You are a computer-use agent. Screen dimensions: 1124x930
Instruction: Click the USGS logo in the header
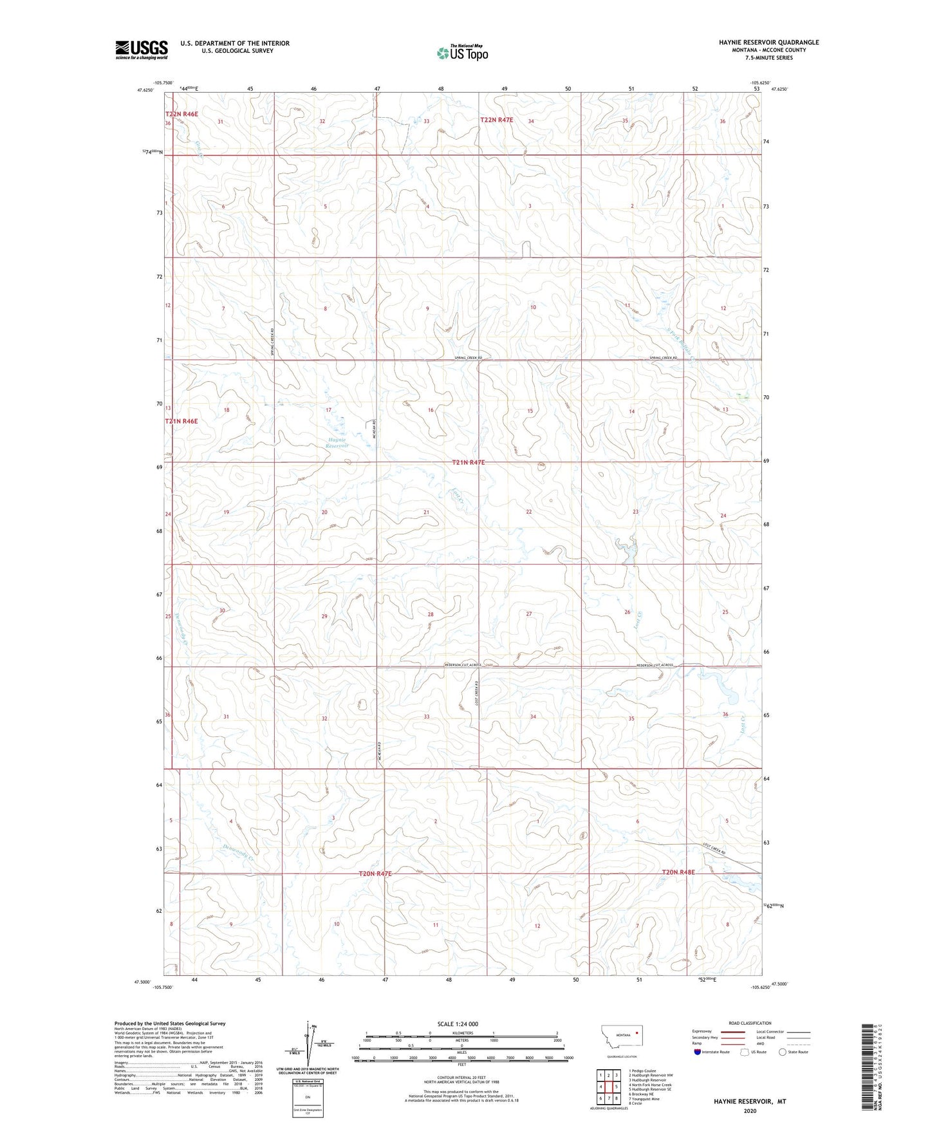click(141, 50)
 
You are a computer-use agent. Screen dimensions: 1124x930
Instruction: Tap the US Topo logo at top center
click(462, 53)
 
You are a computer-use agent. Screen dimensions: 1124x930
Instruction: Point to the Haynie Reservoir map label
click(336, 442)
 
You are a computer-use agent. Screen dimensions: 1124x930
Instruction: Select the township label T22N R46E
click(181, 114)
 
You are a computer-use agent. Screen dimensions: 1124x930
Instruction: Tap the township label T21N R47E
click(468, 462)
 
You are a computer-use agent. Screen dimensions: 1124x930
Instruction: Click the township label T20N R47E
click(375, 874)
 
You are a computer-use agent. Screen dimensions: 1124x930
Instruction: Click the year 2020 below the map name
click(749, 1110)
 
